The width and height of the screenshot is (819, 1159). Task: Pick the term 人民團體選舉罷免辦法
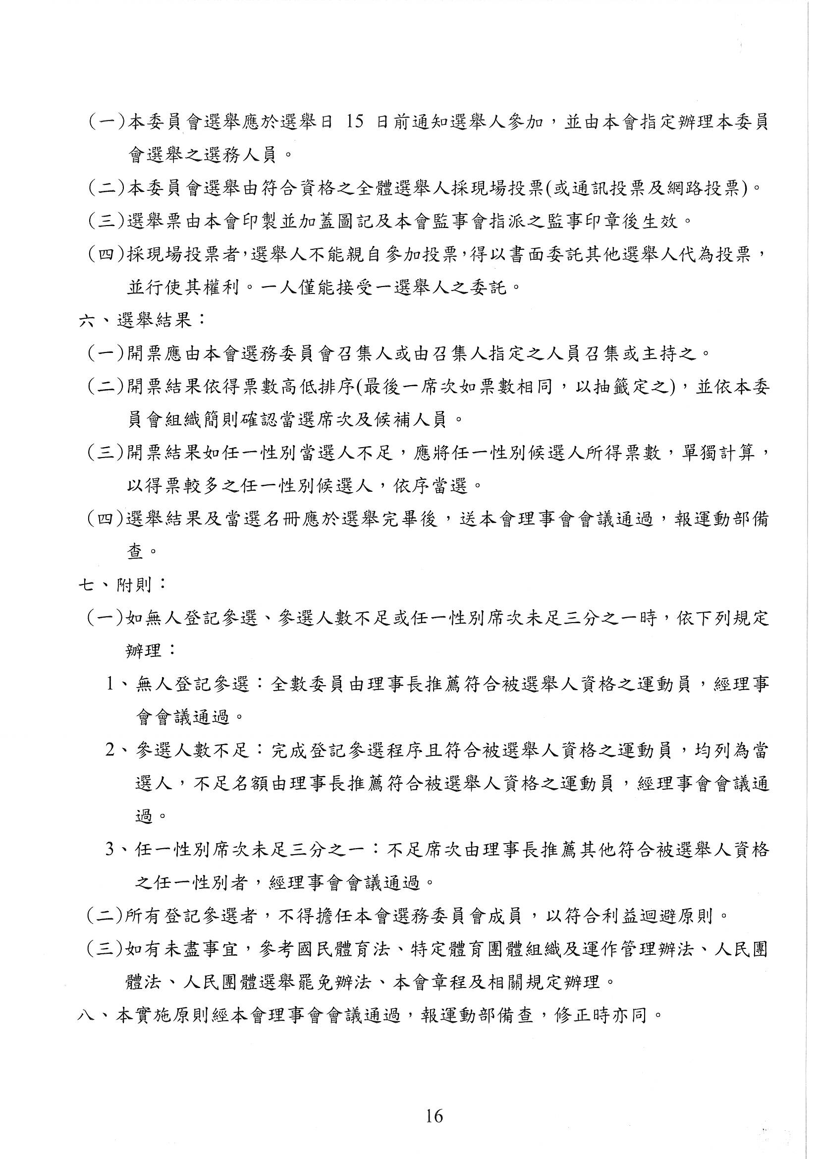[x=276, y=983]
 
